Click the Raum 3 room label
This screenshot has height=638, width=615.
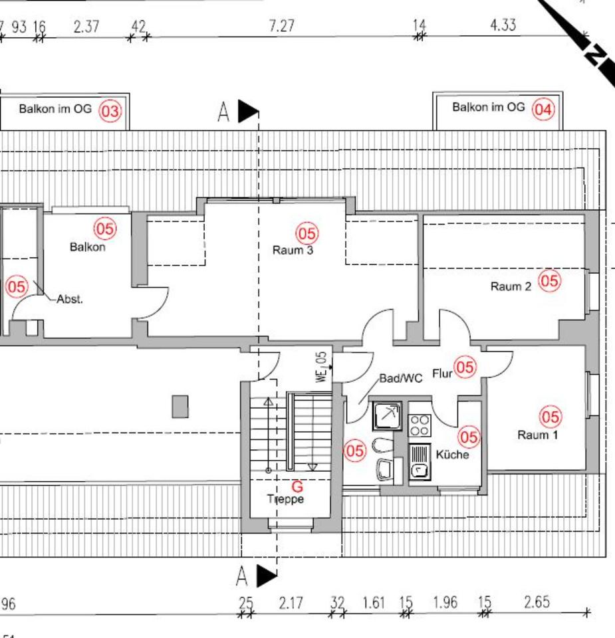tap(293, 250)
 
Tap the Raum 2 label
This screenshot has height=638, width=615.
tap(511, 286)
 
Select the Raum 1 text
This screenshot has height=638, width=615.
tap(537, 435)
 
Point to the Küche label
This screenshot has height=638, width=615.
tap(452, 454)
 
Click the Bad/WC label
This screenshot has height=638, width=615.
tap(401, 378)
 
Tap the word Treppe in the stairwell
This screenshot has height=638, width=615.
tap(286, 499)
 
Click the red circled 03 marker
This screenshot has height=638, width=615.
tap(110, 111)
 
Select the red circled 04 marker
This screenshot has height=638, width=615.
tap(544, 109)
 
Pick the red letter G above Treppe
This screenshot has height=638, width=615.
tap(298, 486)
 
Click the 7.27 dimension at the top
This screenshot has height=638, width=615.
tap(281, 26)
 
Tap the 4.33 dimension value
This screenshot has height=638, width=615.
tap(503, 25)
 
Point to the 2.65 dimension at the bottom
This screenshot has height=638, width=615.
tap(537, 602)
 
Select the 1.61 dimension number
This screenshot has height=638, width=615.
tap(374, 602)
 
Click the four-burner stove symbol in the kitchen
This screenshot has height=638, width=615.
tap(420, 425)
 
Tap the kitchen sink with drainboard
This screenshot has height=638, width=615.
tap(420, 462)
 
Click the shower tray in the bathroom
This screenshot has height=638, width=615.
tap(387, 416)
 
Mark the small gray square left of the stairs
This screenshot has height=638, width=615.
tap(180, 407)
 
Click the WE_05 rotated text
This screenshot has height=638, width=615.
tap(322, 367)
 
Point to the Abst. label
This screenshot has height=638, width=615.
tap(70, 299)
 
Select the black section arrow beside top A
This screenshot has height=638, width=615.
tap(248, 111)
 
